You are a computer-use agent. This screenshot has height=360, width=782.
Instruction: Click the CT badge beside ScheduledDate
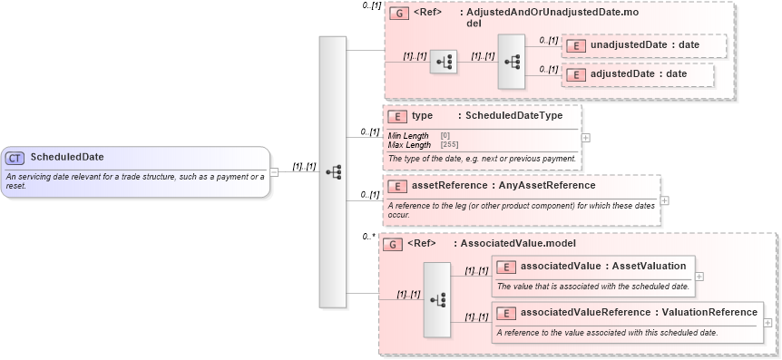15,158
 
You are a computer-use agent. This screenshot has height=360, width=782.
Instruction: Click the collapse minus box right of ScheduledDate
275,172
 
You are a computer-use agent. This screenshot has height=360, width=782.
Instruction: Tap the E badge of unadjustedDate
575,45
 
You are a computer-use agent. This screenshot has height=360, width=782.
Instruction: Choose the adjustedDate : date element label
638,74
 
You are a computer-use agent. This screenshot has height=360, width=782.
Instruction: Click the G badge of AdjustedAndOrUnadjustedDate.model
396,15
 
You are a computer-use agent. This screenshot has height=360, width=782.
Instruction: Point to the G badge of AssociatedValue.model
392,244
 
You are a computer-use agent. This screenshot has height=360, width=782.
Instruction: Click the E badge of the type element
396,116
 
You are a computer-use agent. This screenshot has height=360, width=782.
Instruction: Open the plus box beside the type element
585,138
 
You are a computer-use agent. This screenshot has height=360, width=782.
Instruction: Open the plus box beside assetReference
665,200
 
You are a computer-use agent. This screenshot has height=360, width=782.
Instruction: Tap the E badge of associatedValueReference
508,313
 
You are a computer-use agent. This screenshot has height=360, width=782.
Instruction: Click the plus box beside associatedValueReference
767,322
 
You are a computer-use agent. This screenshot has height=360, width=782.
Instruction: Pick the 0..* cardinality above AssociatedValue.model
367,236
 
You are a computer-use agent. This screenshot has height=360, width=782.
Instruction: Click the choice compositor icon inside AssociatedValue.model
437,299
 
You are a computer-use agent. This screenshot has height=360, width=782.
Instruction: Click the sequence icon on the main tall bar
333,171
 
